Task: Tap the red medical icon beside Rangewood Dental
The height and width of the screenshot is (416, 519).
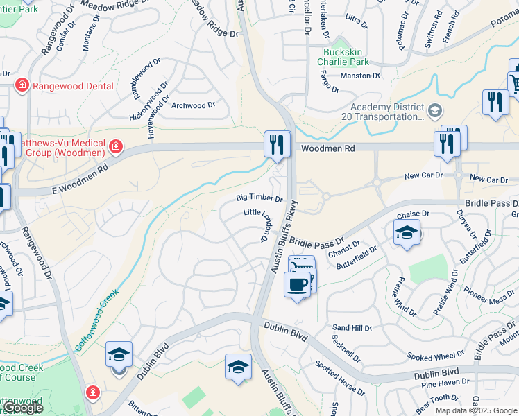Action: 22,86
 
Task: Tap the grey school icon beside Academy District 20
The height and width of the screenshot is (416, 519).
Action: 435,110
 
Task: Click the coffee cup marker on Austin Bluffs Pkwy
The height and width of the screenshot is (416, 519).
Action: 297,284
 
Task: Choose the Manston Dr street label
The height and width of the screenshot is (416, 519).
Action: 360,76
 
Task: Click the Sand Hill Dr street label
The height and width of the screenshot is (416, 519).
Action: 352,327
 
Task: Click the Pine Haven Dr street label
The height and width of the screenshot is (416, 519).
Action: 444,382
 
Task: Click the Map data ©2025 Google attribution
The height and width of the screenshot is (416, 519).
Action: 477,410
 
